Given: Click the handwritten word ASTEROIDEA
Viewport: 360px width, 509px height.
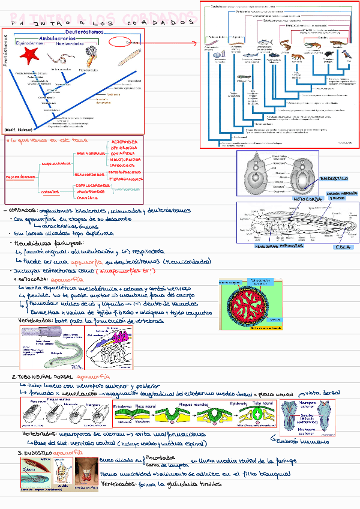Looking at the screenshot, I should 125,142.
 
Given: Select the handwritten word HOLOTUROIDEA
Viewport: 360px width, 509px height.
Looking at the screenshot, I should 126,160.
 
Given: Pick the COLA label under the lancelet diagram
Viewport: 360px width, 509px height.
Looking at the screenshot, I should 343,246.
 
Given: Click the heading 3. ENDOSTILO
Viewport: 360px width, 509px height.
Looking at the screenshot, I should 36,453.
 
